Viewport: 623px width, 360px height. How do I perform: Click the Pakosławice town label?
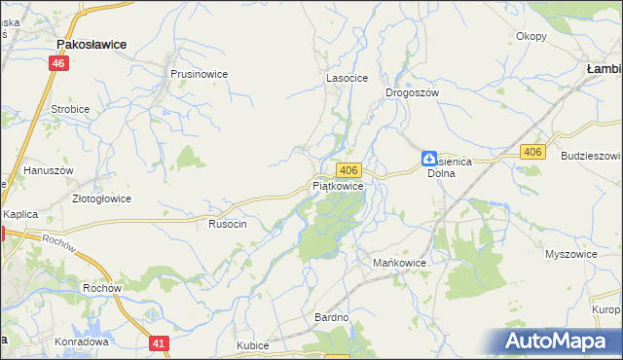click(98, 44)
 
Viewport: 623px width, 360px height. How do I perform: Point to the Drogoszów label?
click(413, 91)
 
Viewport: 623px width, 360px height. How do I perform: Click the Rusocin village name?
click(228, 224)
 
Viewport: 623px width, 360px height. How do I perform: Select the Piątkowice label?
click(339, 185)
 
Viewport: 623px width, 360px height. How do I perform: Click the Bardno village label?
click(331, 318)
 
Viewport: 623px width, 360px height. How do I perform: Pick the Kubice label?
click(252, 345)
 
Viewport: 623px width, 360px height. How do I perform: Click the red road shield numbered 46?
click(60, 63)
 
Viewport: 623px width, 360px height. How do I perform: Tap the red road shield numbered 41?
click(160, 342)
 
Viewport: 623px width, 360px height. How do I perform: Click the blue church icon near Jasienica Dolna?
click(428, 158)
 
